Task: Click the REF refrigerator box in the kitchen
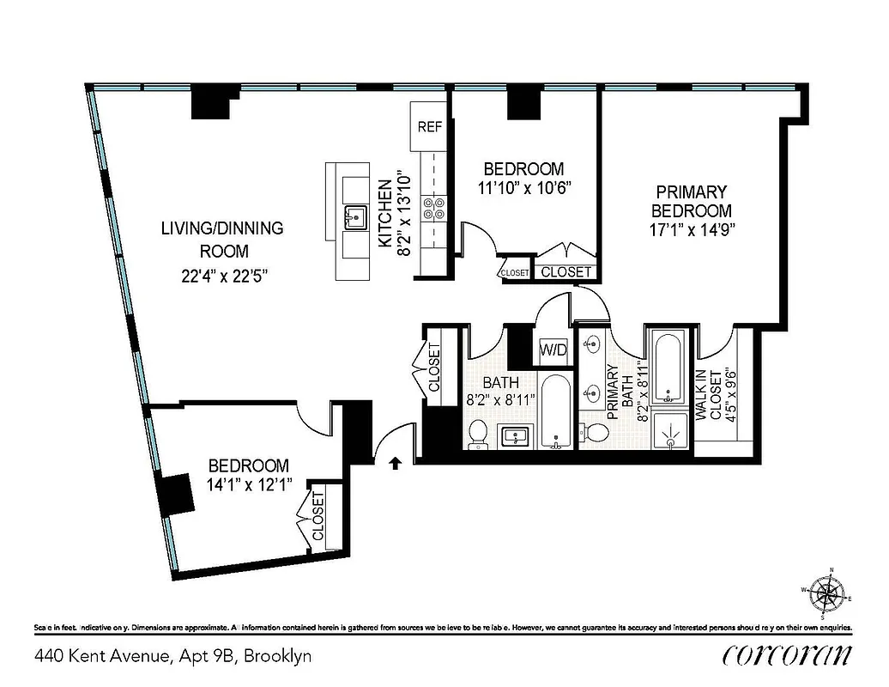coord(429,126)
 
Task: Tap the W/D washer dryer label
coord(553,350)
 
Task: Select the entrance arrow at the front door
coord(396,464)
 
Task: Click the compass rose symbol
coord(829,593)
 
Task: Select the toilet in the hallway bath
coord(479,435)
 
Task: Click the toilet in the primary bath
coord(594,432)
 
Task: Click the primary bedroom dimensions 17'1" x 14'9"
coord(692,229)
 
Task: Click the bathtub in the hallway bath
coord(556,411)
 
